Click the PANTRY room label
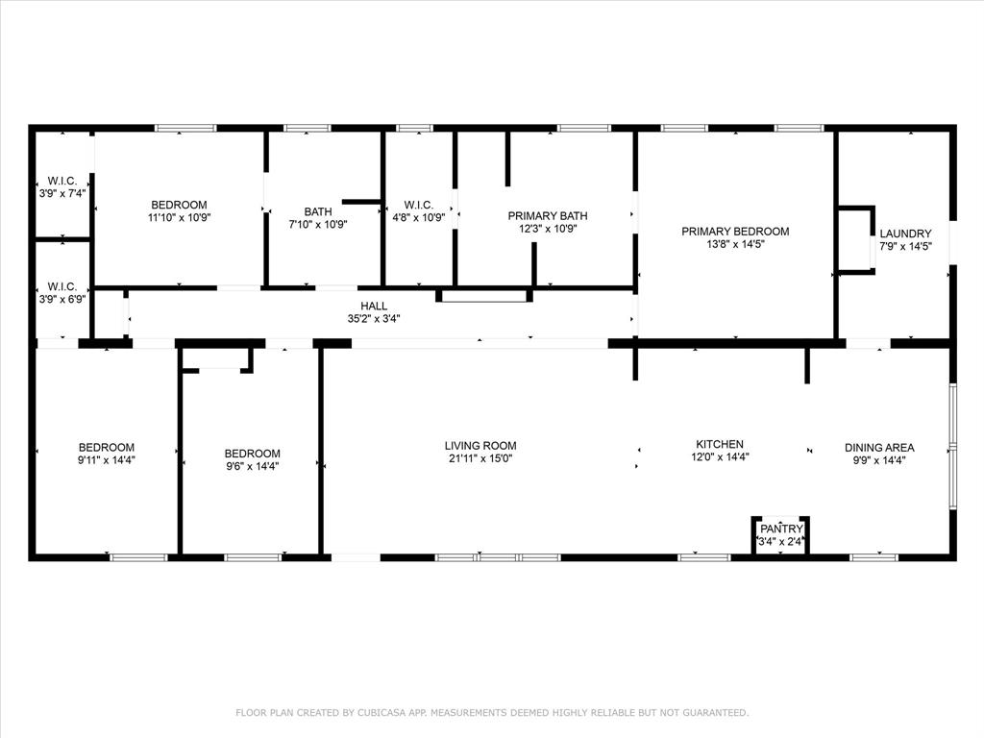pos(781,529)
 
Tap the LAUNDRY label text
pos(905,234)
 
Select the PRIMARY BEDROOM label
pos(735,232)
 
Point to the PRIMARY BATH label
pos(548,216)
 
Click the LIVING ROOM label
pos(480,446)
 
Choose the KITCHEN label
pos(720,444)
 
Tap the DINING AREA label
pos(879,448)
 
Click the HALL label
pos(374,307)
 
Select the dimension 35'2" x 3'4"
pos(374,319)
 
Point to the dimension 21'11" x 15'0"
pos(480,458)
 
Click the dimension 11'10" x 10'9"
pos(179,218)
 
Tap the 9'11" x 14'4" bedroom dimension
pos(107,460)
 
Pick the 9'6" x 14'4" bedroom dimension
pos(253,467)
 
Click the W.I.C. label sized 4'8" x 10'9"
pos(419,205)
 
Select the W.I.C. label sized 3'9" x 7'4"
pos(62,182)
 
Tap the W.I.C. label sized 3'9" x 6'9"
pos(62,286)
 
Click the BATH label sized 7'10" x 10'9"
pos(318,212)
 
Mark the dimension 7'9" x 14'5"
pos(905,247)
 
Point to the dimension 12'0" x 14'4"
pos(720,457)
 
